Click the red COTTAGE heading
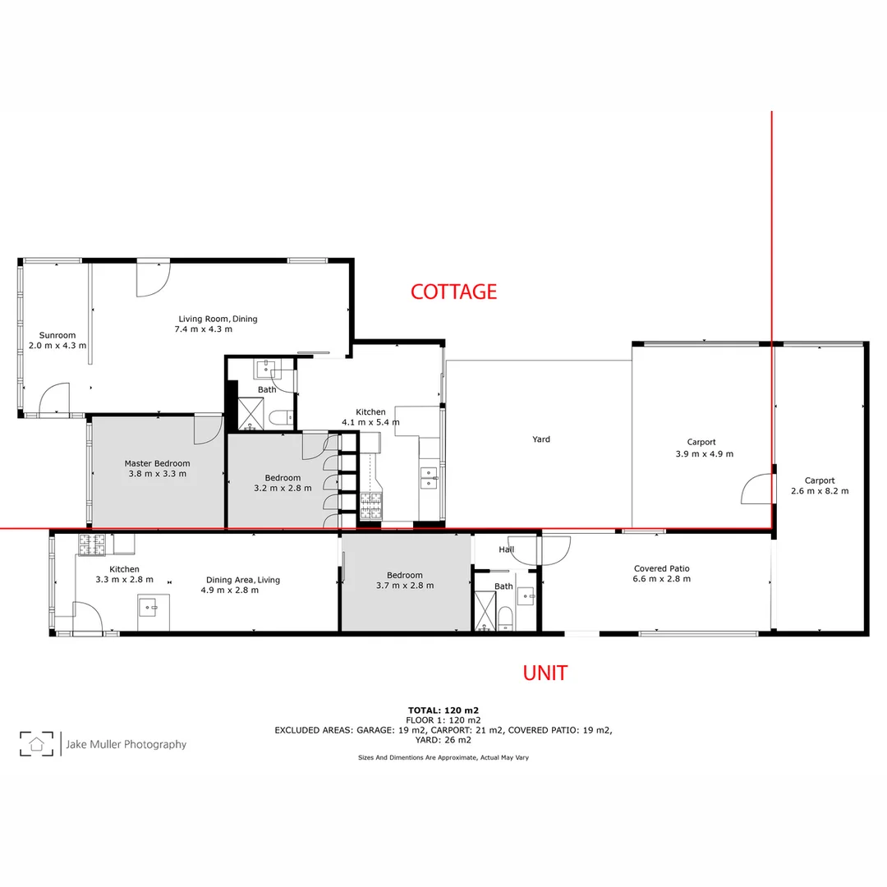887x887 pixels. pos(453,292)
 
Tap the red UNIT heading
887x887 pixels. pos(545,673)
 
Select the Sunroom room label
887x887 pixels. pos(57,335)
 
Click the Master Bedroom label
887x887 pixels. pos(157,463)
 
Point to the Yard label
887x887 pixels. pos(540,439)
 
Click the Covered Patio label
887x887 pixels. pos(661,568)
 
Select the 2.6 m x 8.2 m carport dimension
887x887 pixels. pos(819,491)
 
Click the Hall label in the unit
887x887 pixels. pos(506,550)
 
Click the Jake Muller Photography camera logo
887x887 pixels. pos(36,744)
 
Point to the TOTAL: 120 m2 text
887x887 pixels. pos(443,710)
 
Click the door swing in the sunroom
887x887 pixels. pos(53,400)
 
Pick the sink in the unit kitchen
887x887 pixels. pos(149,609)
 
